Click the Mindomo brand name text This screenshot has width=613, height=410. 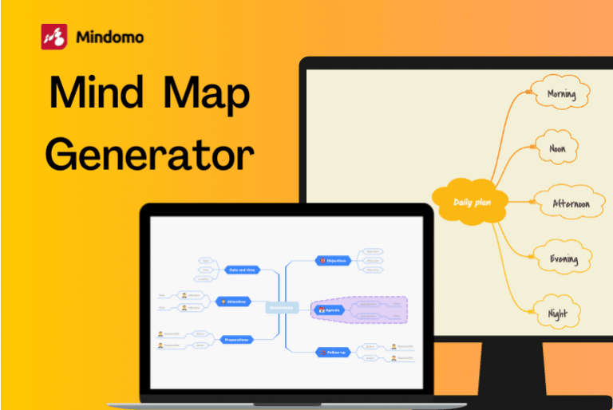tap(111, 37)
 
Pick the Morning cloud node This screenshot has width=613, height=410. tap(566, 95)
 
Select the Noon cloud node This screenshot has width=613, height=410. tap(557, 148)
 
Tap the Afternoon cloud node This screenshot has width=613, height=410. tap(571, 204)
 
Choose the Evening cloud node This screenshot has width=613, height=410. tap(564, 258)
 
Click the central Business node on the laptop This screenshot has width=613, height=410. tap(281, 307)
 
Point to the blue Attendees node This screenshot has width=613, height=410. tap(234, 302)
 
